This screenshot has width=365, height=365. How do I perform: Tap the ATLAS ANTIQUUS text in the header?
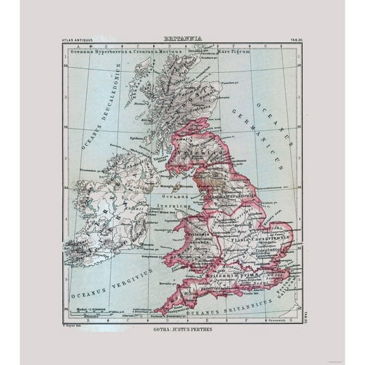[77, 41]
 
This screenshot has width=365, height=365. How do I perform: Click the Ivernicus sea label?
[171, 206]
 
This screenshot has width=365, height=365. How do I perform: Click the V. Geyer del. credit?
[76, 324]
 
